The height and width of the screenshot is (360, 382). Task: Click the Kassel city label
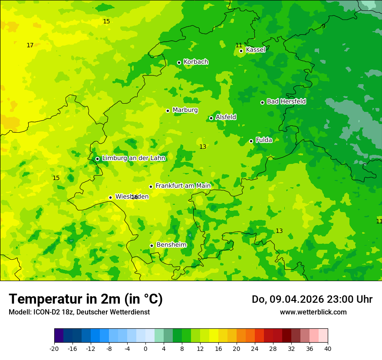pyautogui.click(x=255, y=50)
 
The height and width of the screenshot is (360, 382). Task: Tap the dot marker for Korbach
pyautogui.click(x=179, y=62)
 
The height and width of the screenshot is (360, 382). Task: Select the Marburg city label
pyautogui.click(x=185, y=110)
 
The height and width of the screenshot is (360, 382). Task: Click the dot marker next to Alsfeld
pyautogui.click(x=211, y=118)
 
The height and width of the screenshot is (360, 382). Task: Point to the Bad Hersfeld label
pyautogui.click(x=286, y=101)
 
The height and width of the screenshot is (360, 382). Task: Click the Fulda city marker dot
pyautogui.click(x=251, y=141)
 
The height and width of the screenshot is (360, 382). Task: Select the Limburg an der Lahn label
pyautogui.click(x=134, y=158)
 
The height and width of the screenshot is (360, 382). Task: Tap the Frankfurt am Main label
pyautogui.click(x=183, y=186)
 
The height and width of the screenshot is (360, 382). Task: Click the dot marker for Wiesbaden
pyautogui.click(x=110, y=197)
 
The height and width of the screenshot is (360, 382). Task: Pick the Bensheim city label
pyautogui.click(x=171, y=245)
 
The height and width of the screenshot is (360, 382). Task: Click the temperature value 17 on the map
pyautogui.click(x=30, y=46)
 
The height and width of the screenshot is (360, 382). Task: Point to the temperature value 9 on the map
pyautogui.click(x=323, y=26)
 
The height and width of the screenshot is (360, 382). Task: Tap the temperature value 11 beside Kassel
pyautogui.click(x=239, y=46)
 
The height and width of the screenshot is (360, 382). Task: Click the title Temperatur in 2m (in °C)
pyautogui.click(x=86, y=299)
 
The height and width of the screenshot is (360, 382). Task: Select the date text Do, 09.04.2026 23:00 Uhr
pyautogui.click(x=312, y=299)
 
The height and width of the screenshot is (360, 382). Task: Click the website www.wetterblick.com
pyautogui.click(x=313, y=312)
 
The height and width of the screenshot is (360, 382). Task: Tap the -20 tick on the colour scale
pyautogui.click(x=54, y=348)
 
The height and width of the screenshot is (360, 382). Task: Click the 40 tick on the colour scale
pyautogui.click(x=327, y=348)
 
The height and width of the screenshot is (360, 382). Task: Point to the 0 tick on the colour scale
pyautogui.click(x=145, y=348)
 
